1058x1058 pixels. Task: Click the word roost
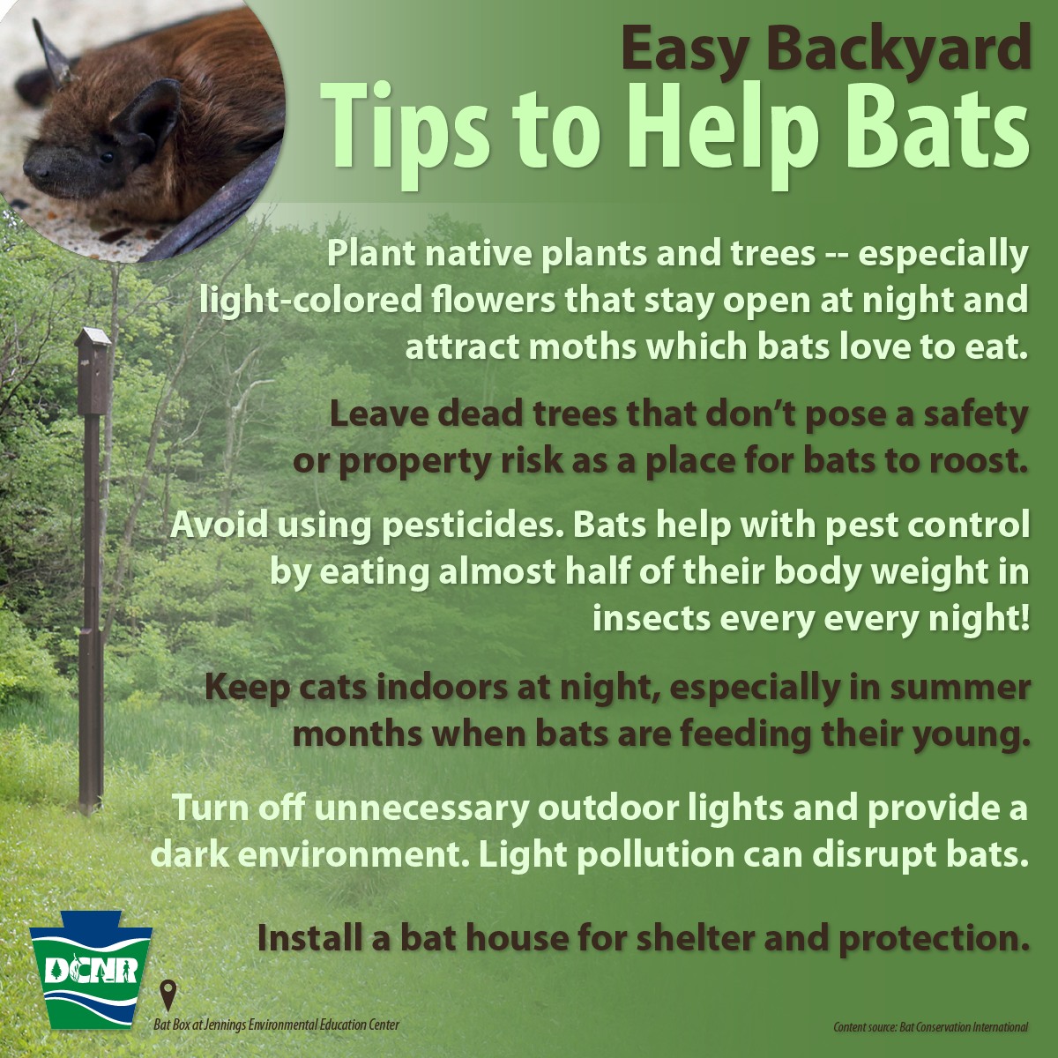(978, 462)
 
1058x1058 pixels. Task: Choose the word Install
(309, 938)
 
